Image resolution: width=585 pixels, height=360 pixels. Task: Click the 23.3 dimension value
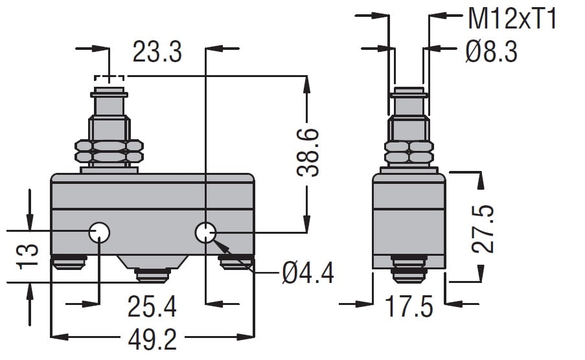tap(157, 52)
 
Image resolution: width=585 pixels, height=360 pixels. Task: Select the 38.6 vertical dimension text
tap(308, 152)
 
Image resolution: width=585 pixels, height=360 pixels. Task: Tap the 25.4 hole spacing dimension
tap(152, 307)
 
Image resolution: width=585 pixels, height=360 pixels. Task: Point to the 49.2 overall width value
tap(152, 340)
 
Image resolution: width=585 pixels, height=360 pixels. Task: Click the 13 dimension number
tap(28, 256)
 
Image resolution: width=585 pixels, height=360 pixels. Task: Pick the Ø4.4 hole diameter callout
tap(308, 273)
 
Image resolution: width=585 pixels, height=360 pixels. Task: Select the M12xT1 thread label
tap(512, 19)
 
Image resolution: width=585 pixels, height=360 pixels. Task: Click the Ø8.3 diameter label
tap(491, 52)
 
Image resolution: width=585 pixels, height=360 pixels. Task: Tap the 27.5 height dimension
tap(483, 229)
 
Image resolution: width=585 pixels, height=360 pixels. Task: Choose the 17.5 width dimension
tap(409, 307)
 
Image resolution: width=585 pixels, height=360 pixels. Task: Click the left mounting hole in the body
tap(100, 232)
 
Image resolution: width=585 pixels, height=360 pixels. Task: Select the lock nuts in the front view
tap(109, 151)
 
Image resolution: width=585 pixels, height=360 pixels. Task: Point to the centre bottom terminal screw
tap(153, 275)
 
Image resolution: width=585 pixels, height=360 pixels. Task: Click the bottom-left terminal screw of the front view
tap(69, 262)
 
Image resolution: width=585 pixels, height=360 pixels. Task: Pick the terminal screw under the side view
tap(409, 269)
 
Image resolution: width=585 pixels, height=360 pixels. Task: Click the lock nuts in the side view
tap(409, 152)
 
